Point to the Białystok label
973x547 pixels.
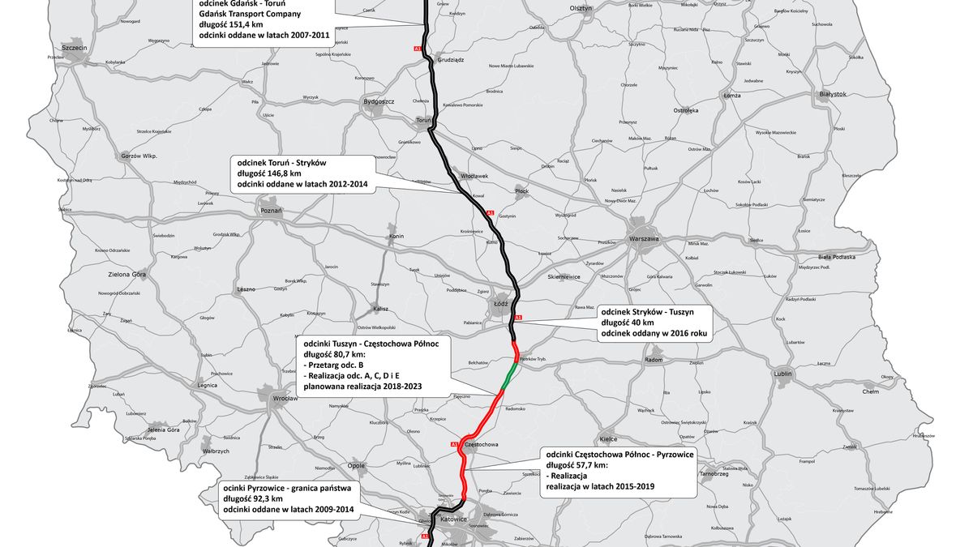pos(833,94)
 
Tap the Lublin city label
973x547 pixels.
pos(782,374)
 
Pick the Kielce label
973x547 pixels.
pos(608,439)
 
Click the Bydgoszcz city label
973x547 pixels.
pos(379,101)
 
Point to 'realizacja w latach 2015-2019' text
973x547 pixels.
pos(600,486)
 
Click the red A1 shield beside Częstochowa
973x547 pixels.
pos(454,445)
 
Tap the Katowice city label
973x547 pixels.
pos(455,518)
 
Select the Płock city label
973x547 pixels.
pos(521,191)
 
